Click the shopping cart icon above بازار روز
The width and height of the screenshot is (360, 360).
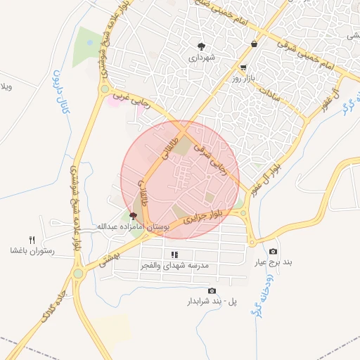point(243,68)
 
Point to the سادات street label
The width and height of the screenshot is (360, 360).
point(269,92)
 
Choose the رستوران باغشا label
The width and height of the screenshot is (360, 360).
point(27,250)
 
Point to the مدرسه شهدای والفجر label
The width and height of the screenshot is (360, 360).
point(181,265)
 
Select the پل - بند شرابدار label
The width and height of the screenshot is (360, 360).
point(212,302)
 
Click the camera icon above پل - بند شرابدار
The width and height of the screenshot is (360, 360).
point(212,291)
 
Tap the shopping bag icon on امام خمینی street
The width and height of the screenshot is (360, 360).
point(253,44)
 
